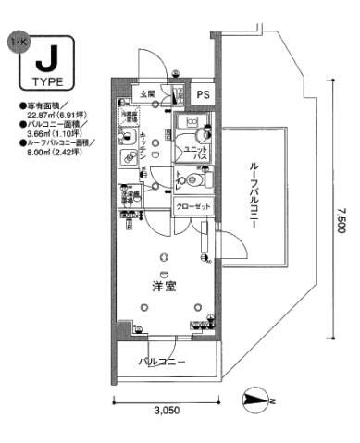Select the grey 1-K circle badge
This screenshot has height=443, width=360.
14,43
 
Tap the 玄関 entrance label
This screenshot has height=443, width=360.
148,93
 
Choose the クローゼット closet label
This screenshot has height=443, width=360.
192,207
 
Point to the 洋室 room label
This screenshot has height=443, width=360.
165,288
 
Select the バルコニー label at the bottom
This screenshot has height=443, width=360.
163,362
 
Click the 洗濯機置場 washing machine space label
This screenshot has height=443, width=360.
126,196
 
